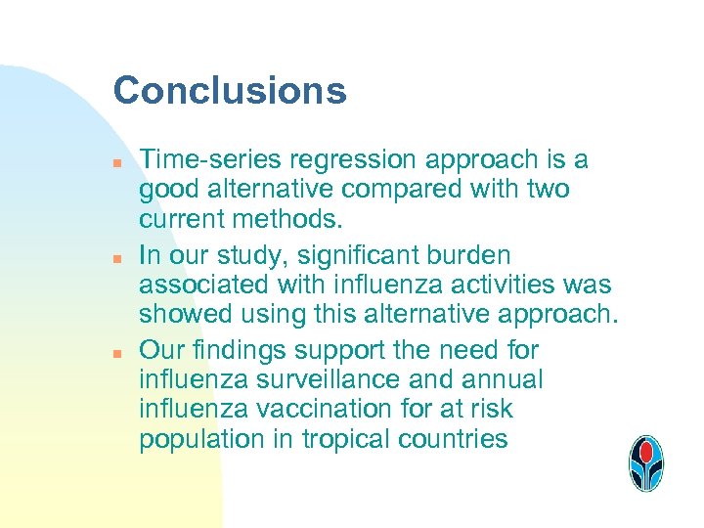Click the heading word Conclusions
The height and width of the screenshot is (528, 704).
click(230, 91)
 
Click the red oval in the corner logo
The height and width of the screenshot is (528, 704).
click(645, 453)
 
